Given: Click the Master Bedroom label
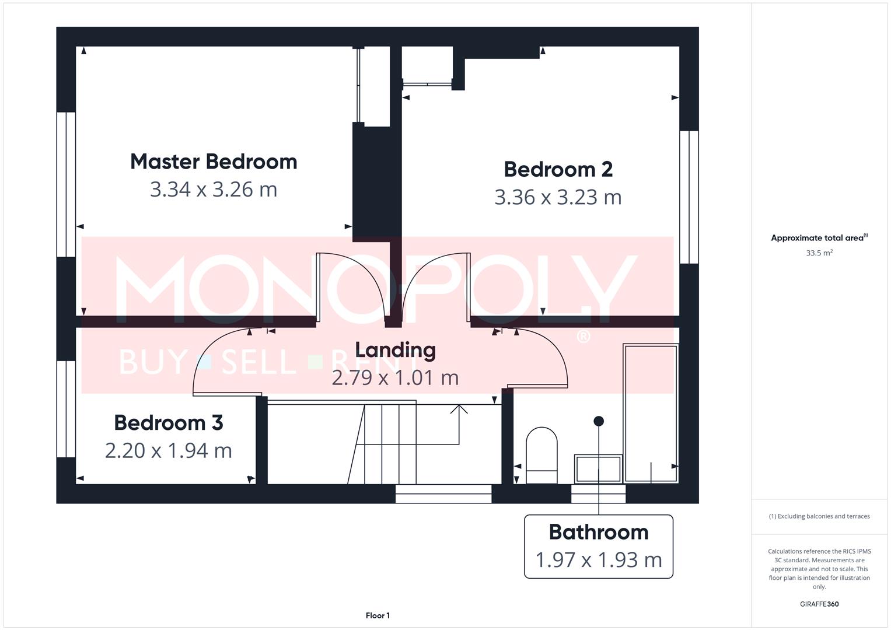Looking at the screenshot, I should [x=214, y=162].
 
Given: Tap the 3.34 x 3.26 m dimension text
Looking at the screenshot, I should [x=214, y=190].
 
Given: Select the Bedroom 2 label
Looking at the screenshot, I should [x=558, y=169].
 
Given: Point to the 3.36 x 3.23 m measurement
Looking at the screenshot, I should [x=558, y=197].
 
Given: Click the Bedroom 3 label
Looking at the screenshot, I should [x=169, y=423].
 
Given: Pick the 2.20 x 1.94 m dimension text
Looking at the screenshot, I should [x=169, y=450].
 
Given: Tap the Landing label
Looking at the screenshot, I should [x=395, y=350].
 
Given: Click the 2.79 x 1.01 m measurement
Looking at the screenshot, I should [x=395, y=377].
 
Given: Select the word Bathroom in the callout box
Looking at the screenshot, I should [x=599, y=532].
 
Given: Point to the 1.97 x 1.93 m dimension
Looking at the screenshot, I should [x=599, y=559].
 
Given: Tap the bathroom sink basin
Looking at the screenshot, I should [x=598, y=469].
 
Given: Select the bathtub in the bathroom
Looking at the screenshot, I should [x=651, y=413].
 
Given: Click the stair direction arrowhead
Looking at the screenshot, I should [x=459, y=409].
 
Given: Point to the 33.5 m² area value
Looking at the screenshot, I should [x=819, y=253].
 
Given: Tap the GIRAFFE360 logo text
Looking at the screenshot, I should [x=819, y=604].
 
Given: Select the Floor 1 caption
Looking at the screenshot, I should [x=378, y=615].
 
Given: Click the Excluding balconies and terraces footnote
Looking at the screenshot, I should [x=819, y=516].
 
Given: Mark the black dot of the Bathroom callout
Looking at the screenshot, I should [x=599, y=421].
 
